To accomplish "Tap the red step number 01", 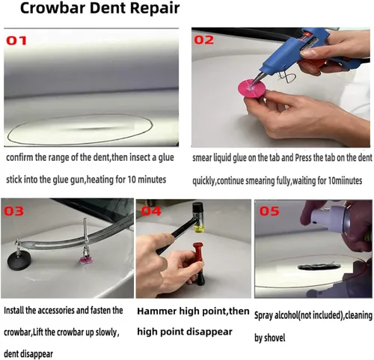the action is pos(16,40).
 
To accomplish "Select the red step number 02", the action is pos(204,40).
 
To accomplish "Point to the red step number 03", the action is pos(14,211).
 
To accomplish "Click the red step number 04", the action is pos(151,211).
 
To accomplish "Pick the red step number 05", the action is pos(269,211).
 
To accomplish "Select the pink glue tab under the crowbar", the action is pos(86,260).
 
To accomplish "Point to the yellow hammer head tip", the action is pos(199,227).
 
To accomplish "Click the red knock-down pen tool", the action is pos(199,263).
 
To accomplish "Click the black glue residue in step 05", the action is pos(319,267).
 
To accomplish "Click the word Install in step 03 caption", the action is pos(14,311).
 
